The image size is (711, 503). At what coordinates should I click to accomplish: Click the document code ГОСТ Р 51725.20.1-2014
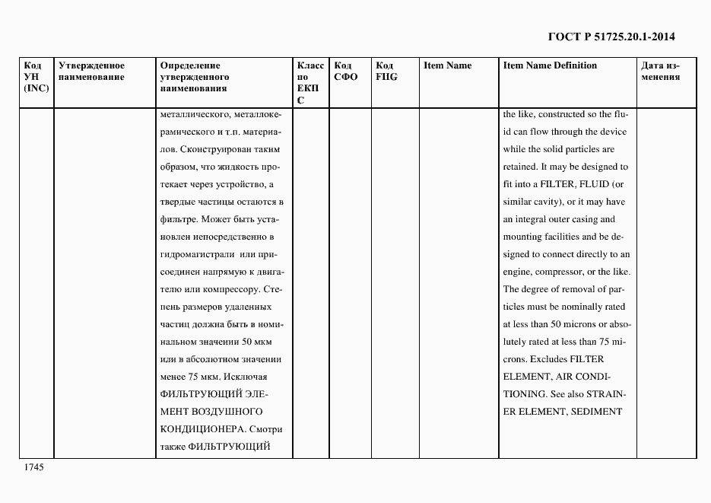click(611, 36)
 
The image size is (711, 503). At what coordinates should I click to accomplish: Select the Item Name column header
click(447, 65)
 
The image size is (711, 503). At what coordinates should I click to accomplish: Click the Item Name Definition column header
click(550, 65)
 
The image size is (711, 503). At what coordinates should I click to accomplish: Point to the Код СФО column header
click(346, 71)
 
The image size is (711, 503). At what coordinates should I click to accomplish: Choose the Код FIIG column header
click(386, 71)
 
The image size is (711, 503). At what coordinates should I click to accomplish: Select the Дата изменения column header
click(660, 71)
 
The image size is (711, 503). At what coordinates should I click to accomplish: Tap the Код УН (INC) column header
click(36, 77)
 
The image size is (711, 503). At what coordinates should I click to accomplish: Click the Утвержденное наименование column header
click(91, 71)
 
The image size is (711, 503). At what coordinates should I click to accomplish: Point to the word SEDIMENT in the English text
click(598, 412)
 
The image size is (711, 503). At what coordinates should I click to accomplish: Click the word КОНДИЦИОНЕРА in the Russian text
click(195, 428)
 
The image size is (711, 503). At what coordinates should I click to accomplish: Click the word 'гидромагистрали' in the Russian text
click(195, 254)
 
